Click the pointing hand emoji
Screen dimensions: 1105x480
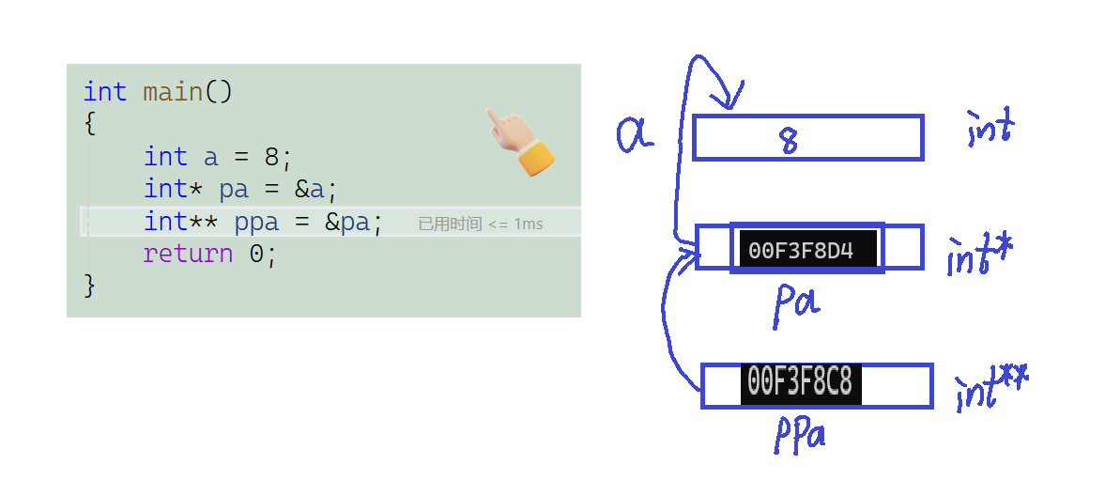point(519,143)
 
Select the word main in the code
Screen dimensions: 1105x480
point(173,92)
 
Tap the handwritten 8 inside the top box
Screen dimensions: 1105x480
point(789,140)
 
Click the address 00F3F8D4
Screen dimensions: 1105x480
point(801,251)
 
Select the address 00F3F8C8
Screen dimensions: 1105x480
point(800,383)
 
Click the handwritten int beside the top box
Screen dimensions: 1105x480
point(990,130)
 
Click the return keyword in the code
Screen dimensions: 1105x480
point(188,254)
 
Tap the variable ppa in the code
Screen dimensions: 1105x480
point(256,223)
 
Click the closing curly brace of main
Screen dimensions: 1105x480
point(90,285)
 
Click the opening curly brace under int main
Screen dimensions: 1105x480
point(90,123)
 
